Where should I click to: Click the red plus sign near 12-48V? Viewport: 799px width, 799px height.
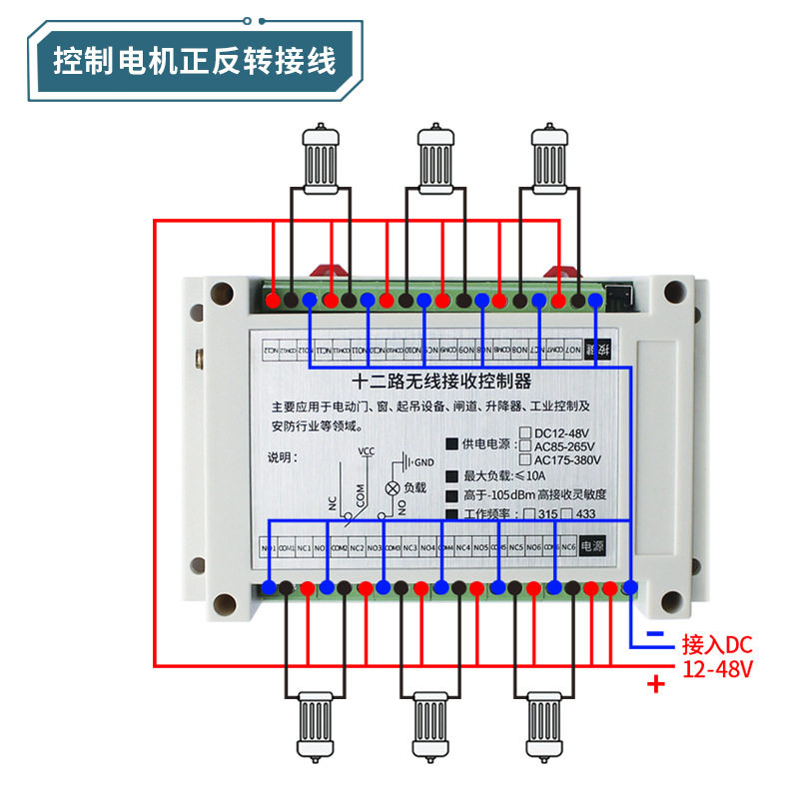pos(656,685)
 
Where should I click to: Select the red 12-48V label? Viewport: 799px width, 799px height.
pos(717,666)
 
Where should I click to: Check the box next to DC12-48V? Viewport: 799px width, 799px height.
pos(525,432)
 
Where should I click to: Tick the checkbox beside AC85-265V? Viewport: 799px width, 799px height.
pos(525,445)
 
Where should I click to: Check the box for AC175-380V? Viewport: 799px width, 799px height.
pos(525,459)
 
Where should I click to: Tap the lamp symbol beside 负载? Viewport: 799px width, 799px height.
pos(393,488)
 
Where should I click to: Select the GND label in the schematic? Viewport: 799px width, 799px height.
pos(423,463)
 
